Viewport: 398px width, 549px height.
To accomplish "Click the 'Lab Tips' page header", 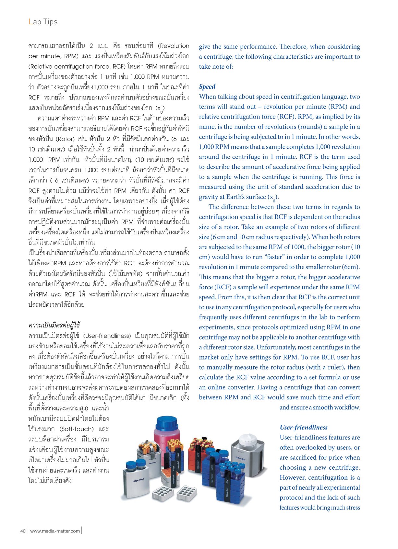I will (x=43, y=22).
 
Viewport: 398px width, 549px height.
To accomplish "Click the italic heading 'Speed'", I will (x=207, y=86).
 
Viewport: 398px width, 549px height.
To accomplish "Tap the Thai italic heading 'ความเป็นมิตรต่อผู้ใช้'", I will (x=54, y=325).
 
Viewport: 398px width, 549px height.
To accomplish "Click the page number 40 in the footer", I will (x=23, y=531).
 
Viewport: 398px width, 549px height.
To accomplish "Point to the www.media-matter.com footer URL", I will (x=55, y=531).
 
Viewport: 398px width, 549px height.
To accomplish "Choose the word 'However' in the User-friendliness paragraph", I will (x=292, y=477).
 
